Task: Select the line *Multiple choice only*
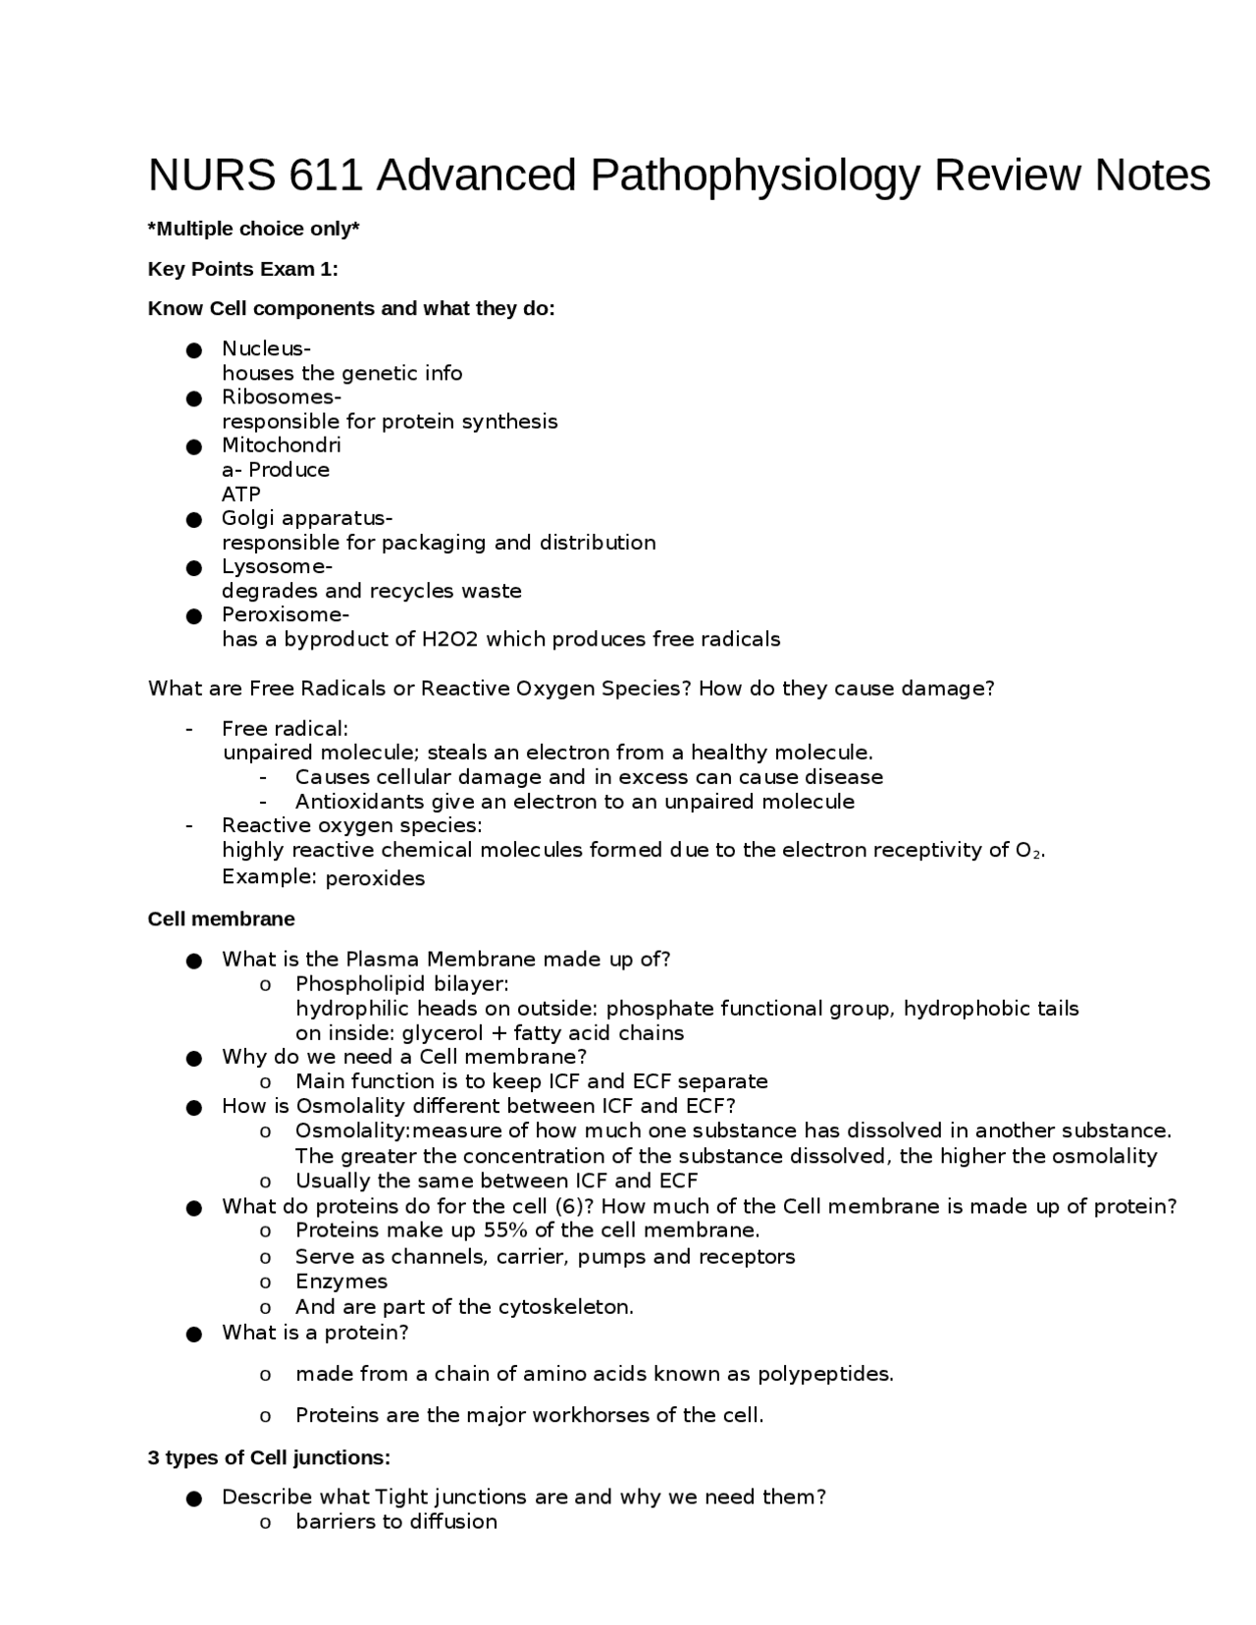(253, 229)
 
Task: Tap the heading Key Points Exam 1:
(242, 269)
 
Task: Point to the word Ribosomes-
(281, 396)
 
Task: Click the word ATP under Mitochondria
(241, 494)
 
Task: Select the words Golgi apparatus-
(306, 518)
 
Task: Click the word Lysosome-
(277, 566)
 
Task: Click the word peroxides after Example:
(375, 878)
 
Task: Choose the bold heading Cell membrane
(221, 919)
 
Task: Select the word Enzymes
(341, 1282)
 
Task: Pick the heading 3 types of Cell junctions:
(269, 1457)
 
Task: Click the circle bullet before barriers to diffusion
(265, 1523)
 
